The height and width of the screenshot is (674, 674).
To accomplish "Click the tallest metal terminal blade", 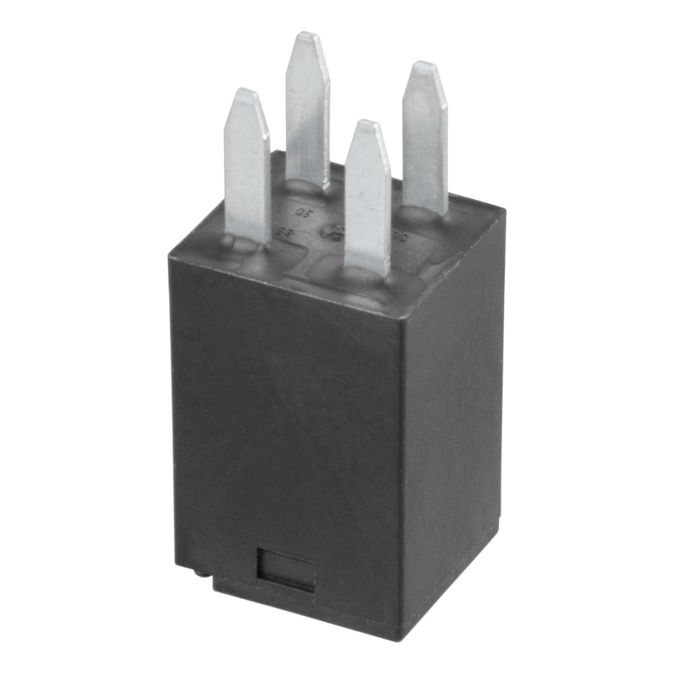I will [307, 112].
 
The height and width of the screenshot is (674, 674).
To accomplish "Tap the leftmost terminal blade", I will [247, 165].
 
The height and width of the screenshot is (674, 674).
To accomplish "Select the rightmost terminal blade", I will [425, 138].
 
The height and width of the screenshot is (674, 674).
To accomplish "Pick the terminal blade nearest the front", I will [367, 197].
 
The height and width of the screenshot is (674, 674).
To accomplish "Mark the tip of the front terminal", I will [365, 125].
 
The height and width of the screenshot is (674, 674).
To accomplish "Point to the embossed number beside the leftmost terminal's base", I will [285, 231].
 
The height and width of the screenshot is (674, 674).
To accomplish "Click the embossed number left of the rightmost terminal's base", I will [397, 235].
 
